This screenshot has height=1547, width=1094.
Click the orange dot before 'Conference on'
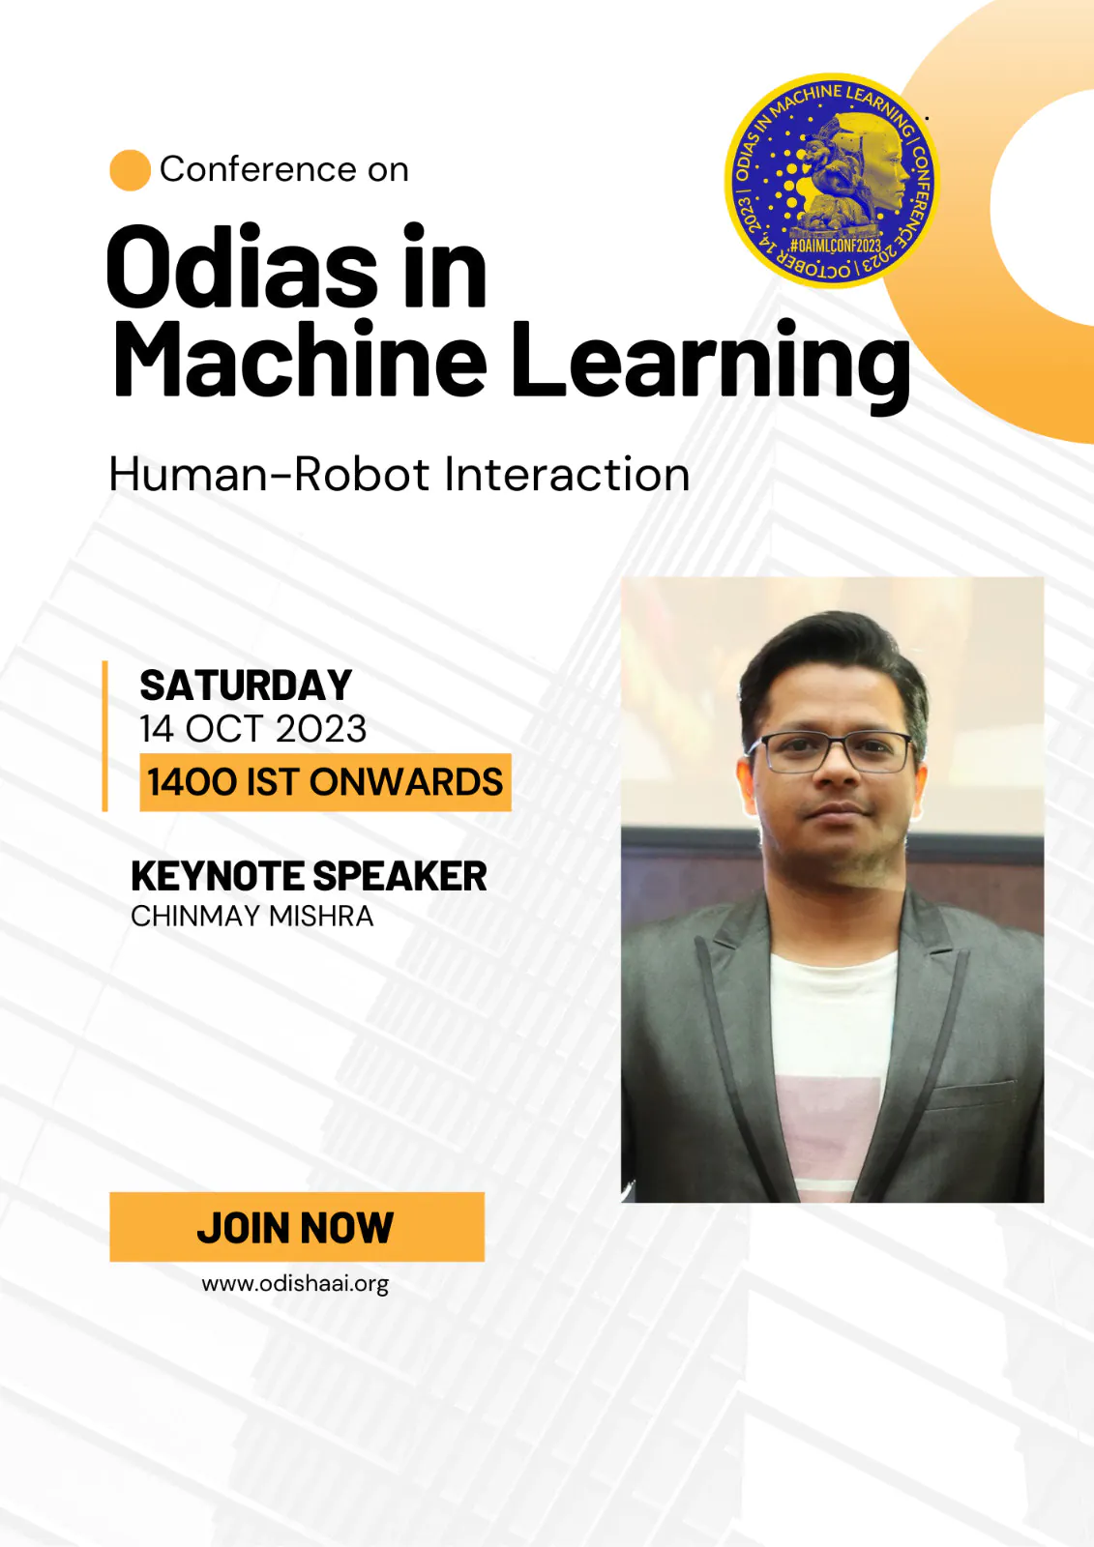point(130,170)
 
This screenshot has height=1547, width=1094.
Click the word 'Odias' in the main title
point(242,266)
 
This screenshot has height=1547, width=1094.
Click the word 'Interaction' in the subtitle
point(567,475)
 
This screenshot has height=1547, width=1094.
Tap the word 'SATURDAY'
point(246,686)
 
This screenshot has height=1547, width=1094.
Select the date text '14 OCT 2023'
point(252,729)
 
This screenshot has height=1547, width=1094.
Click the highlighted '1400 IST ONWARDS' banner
point(325,782)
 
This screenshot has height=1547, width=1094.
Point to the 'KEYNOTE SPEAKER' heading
point(309,876)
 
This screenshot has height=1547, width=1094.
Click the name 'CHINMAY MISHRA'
point(252,917)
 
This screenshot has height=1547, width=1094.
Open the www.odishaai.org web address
point(295,1284)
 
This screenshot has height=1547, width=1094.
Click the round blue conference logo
point(832,180)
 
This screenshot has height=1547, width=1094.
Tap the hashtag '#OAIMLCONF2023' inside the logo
point(836,246)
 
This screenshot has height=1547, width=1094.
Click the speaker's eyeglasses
point(829,751)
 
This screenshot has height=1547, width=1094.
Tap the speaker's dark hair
point(833,663)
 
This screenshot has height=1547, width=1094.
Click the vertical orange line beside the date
point(105,736)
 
